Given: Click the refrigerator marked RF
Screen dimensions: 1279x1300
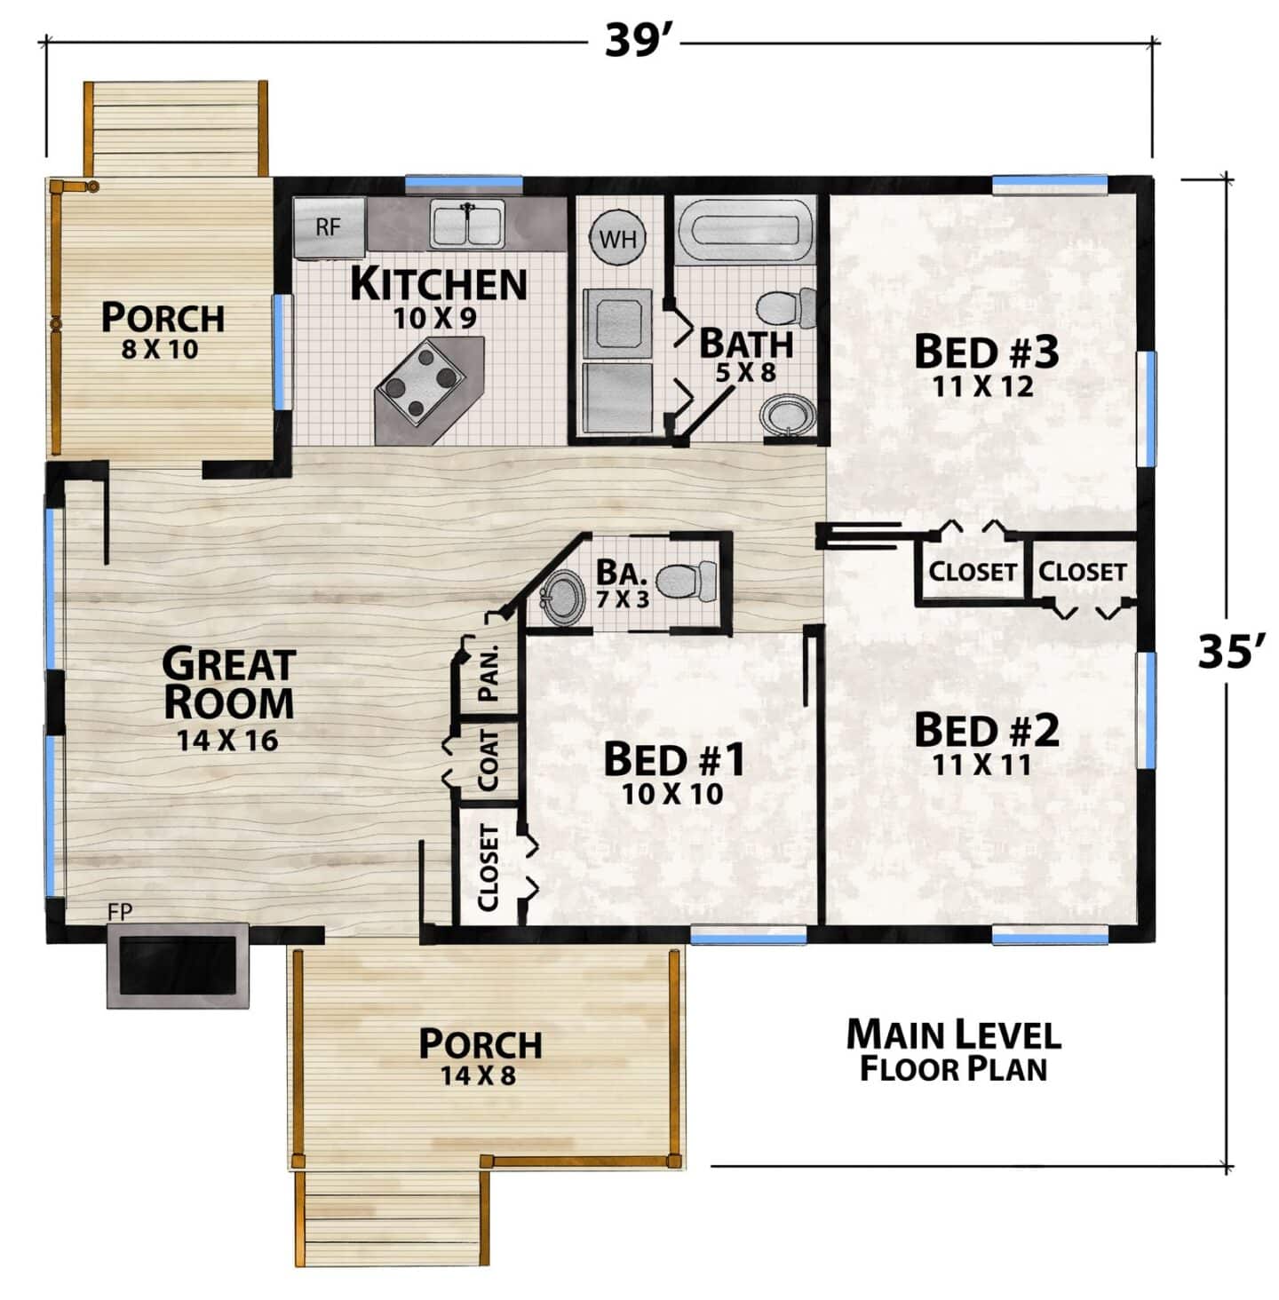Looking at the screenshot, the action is [x=330, y=227].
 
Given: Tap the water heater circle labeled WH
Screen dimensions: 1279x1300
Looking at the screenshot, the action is [x=617, y=238].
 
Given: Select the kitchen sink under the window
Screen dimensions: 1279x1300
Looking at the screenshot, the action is [x=468, y=226].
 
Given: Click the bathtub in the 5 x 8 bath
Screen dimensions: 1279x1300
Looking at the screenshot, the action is [x=744, y=230].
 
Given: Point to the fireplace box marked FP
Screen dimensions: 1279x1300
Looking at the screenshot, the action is [x=179, y=964].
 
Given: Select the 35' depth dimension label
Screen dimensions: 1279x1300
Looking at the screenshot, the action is [x=1227, y=651].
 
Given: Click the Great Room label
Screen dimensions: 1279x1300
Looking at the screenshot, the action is [x=229, y=683].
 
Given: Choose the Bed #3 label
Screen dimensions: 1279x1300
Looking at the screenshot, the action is [x=986, y=352].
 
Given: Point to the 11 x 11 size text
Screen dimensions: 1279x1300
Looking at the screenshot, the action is [x=982, y=765].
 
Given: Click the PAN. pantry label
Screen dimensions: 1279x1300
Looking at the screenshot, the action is [x=488, y=672].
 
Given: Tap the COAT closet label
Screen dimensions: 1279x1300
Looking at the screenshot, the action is [x=488, y=759].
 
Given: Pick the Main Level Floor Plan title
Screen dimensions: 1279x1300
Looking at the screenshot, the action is [x=954, y=1051].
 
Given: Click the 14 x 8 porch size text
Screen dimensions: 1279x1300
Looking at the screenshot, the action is [x=479, y=1075].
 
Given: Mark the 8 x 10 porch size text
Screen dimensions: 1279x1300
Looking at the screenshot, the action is [x=160, y=350].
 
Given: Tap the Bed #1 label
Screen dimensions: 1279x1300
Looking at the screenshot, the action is [x=674, y=759].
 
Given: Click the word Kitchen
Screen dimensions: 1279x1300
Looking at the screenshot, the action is [x=439, y=284].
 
